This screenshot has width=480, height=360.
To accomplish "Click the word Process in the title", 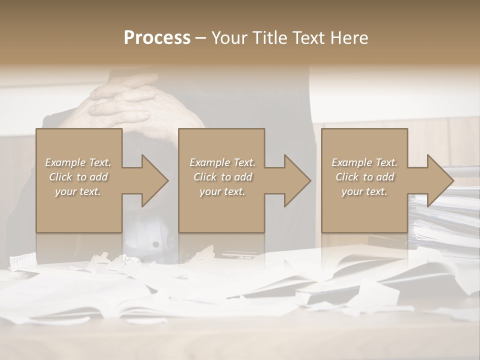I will pyautogui.click(x=157, y=38).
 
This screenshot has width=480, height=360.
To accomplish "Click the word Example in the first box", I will pyautogui.click(x=65, y=162).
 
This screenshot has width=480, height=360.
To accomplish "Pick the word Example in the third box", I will pyautogui.click(x=352, y=162).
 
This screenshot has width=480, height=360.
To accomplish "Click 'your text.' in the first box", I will pyautogui.click(x=78, y=191).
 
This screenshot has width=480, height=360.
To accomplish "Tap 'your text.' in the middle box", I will pyautogui.click(x=222, y=191).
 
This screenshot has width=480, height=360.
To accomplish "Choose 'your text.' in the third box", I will pyautogui.click(x=364, y=191).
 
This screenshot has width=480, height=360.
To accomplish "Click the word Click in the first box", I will pyautogui.click(x=60, y=177).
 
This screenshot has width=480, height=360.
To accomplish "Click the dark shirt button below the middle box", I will pyautogui.click(x=155, y=244).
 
